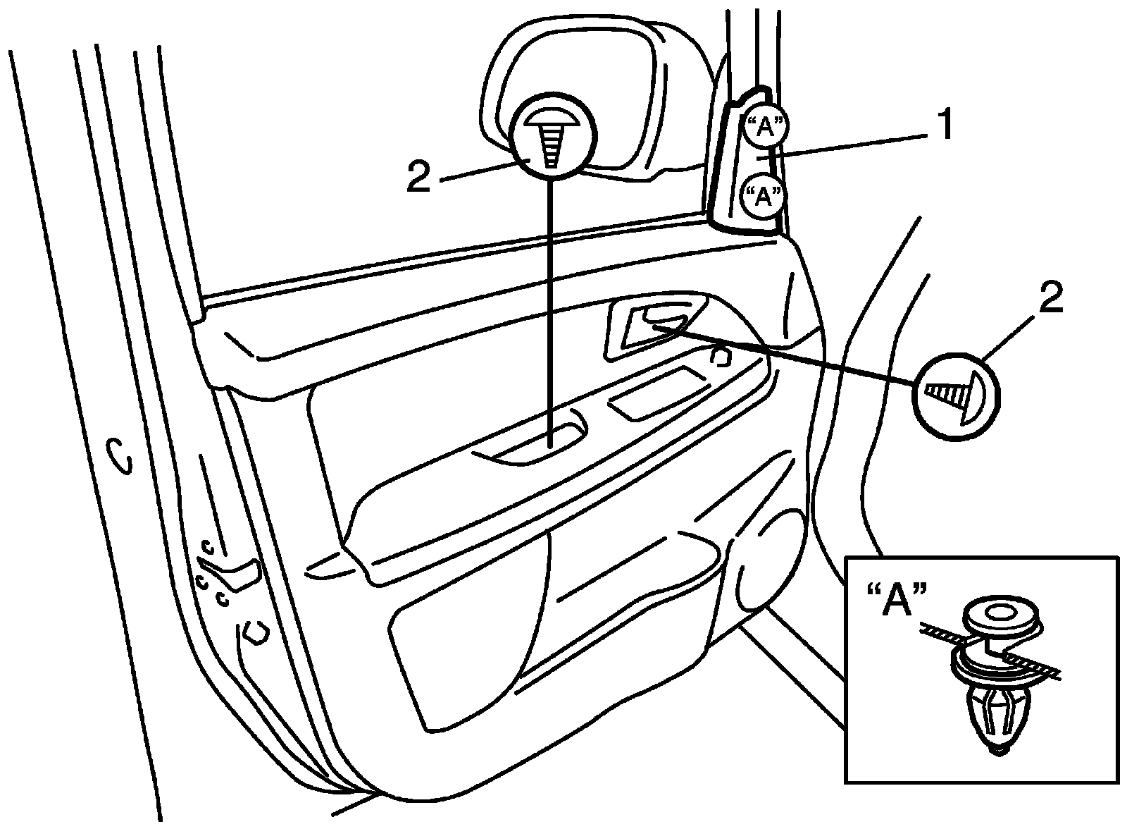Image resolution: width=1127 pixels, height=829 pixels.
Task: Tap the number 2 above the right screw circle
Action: pos(1049,298)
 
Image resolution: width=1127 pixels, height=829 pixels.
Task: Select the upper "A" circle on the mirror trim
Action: pos(765,127)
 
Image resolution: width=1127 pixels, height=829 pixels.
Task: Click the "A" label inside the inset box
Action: pos(896,601)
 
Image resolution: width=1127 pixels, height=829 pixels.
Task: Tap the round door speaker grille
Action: pos(769,563)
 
